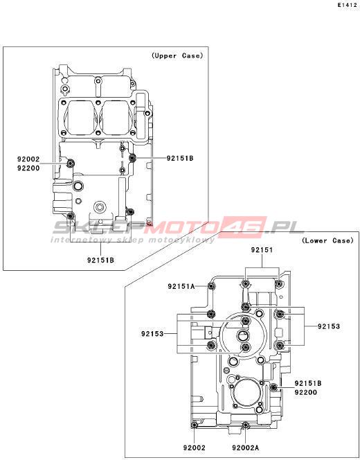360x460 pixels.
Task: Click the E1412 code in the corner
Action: [x=347, y=6]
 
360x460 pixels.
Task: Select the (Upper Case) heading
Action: [x=177, y=55]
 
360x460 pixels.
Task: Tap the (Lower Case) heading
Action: [x=327, y=240]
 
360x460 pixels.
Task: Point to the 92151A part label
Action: [x=181, y=286]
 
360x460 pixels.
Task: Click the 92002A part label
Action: [x=245, y=448]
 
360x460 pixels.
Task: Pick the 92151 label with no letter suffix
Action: [x=262, y=250]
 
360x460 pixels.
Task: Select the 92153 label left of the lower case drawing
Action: [x=152, y=334]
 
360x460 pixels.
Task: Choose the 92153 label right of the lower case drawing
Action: [x=329, y=326]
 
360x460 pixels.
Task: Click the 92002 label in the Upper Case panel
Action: [x=28, y=159]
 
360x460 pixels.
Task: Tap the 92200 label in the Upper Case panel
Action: [x=28, y=168]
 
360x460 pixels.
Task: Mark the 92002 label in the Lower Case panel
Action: [x=195, y=448]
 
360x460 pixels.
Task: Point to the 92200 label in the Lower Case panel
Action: [x=306, y=393]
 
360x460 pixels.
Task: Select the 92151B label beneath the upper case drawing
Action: [x=100, y=260]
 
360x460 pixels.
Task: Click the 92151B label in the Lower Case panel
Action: [x=308, y=383]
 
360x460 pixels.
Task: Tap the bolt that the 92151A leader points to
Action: [x=210, y=286]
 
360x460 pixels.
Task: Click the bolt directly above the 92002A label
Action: [x=246, y=425]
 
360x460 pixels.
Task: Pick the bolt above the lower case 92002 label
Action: [x=194, y=425]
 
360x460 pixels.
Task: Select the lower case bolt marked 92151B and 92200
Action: [x=274, y=388]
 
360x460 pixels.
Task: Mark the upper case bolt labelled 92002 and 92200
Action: [x=70, y=163]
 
